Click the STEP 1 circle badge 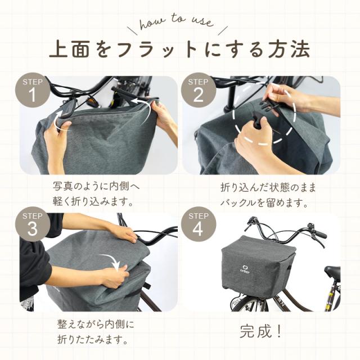click(33, 90)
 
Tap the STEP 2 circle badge click(199, 90)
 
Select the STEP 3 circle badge click(33, 224)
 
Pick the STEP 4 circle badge click(199, 224)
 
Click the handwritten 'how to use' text click(176, 22)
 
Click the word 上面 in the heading click(69, 49)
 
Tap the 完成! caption click(261, 331)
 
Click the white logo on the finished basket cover click(245, 268)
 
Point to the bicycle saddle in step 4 click(332, 271)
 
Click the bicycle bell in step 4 click(310, 225)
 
